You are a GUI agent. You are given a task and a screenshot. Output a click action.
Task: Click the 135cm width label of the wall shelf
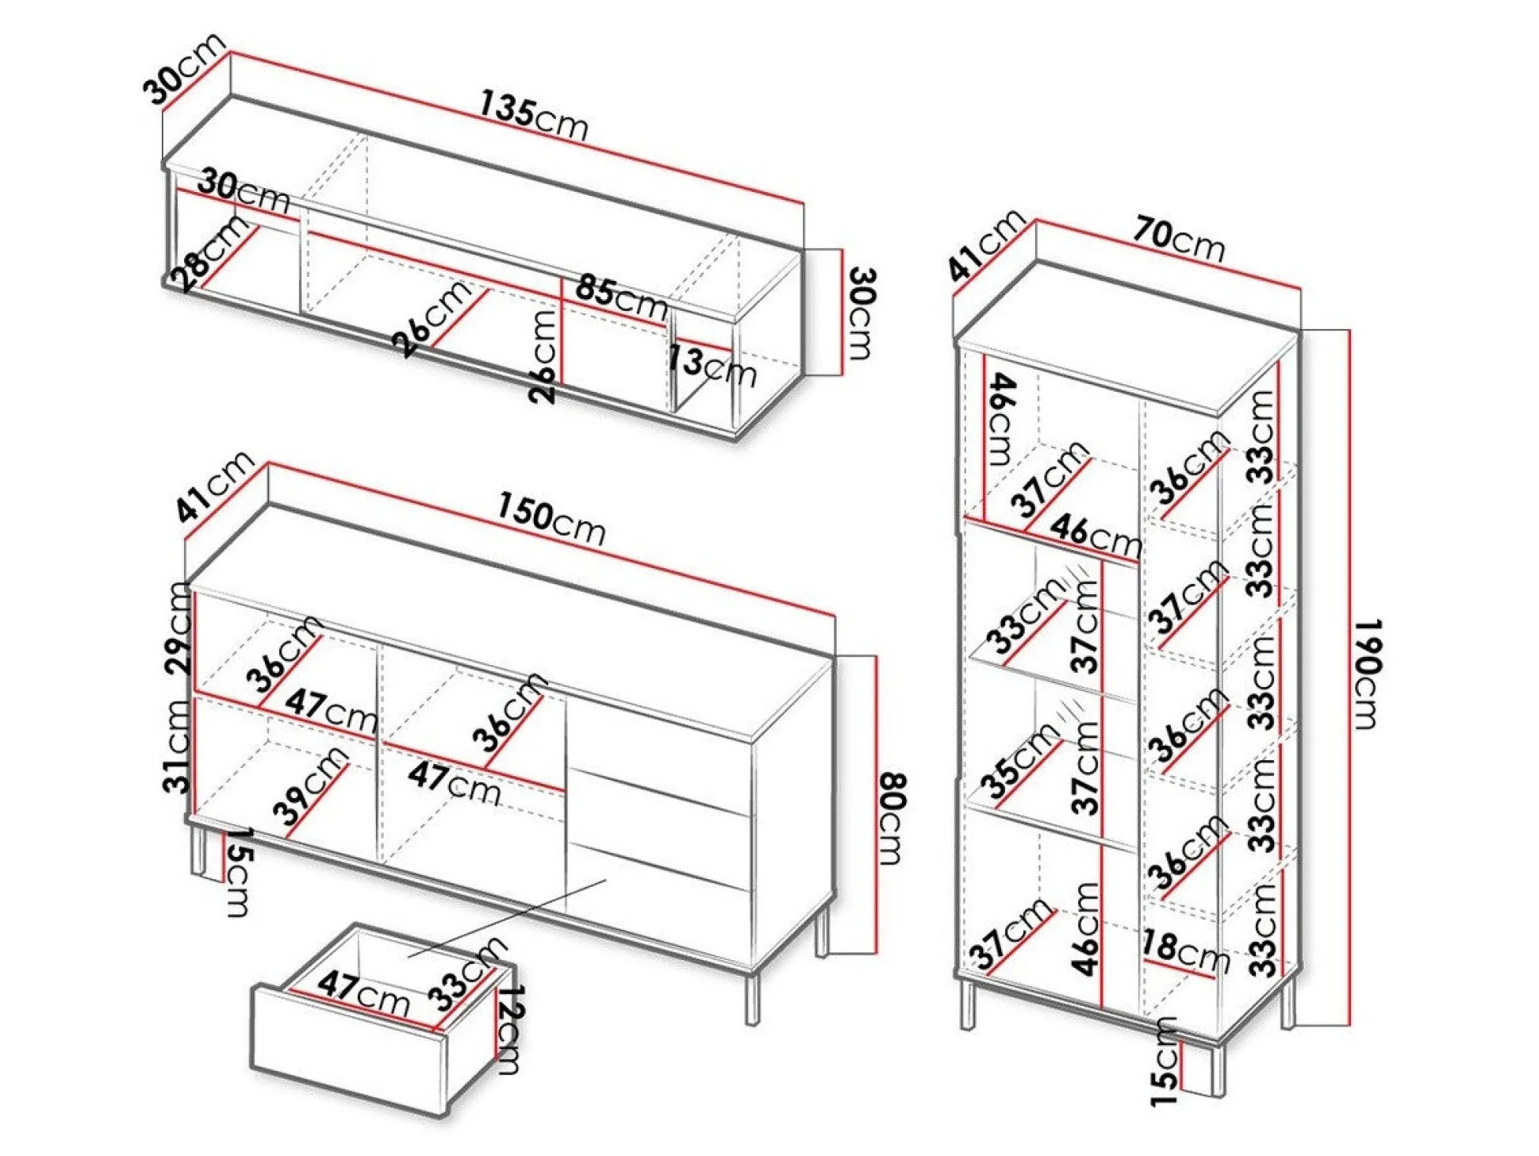point(533,117)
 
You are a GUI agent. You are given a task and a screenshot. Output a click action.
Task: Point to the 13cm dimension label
point(711,367)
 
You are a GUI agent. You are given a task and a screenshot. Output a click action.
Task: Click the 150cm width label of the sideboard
point(551,519)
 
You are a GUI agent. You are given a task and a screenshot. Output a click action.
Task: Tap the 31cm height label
point(178,747)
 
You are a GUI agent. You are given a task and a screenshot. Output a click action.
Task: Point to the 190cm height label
point(1367,674)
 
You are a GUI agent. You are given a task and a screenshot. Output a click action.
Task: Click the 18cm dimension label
point(1184,951)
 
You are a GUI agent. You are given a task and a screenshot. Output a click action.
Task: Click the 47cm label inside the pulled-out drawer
point(363,992)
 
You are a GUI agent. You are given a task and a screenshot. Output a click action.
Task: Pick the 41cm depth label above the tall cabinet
point(986,245)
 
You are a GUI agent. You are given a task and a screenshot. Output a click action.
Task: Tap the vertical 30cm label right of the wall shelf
point(861,313)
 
